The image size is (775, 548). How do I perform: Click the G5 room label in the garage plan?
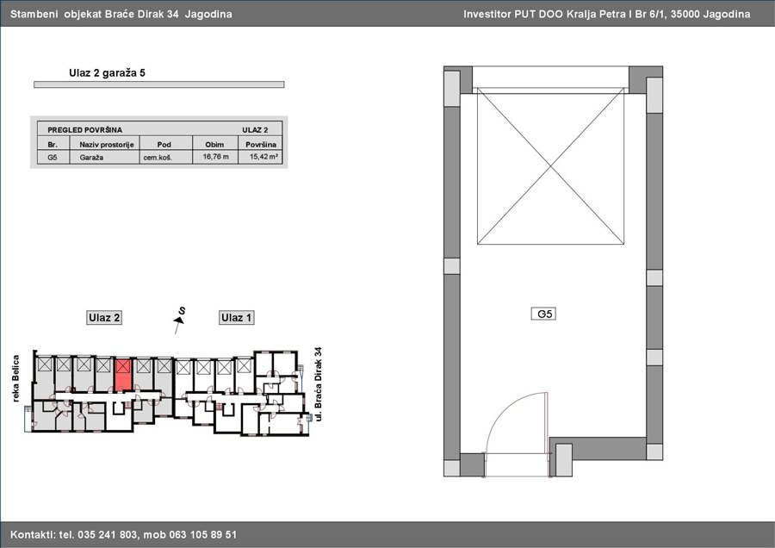click(x=543, y=314)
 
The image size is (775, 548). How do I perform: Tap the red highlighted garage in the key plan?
click(x=123, y=375)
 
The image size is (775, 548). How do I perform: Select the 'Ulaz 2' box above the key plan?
click(x=104, y=318)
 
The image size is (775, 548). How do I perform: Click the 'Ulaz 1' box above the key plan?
click(x=236, y=318)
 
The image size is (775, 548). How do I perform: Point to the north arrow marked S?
click(x=179, y=320)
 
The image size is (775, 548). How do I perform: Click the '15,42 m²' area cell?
click(x=263, y=157)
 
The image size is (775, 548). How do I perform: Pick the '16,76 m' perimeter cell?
click(x=215, y=157)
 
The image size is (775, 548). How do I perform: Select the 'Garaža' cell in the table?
click(x=91, y=158)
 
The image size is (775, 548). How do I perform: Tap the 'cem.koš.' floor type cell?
click(x=158, y=158)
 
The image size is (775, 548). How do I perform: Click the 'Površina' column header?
click(x=260, y=145)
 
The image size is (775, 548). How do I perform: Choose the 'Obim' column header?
click(x=214, y=145)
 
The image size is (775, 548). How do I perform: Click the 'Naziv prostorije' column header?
click(x=107, y=145)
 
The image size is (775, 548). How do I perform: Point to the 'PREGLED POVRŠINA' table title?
click(x=84, y=130)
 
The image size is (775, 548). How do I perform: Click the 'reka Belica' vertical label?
click(x=15, y=378)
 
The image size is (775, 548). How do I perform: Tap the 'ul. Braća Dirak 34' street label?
click(x=318, y=384)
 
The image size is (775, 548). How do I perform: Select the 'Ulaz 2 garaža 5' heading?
click(x=107, y=73)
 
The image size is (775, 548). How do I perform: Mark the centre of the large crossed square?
click(x=550, y=166)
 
